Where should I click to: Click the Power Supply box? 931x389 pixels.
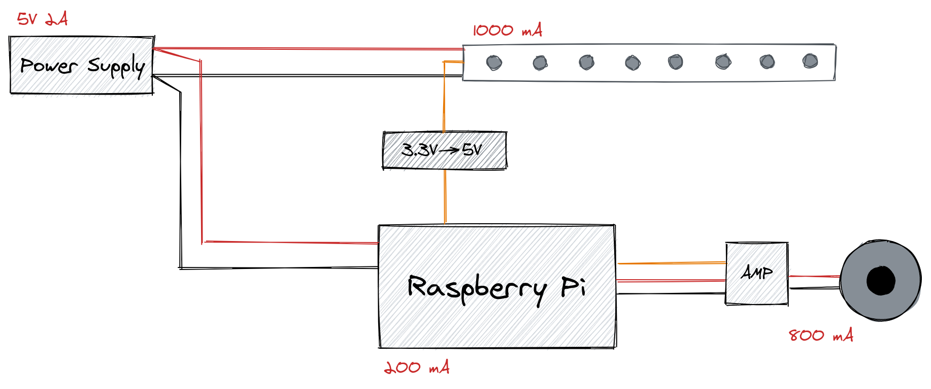[82, 65]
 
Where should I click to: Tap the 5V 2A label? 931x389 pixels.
[43, 19]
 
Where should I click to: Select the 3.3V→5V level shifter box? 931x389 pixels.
[445, 150]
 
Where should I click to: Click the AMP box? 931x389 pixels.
[757, 274]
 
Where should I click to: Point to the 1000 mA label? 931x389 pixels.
[508, 30]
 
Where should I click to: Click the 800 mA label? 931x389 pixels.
[821, 335]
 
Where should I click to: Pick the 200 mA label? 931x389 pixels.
[417, 367]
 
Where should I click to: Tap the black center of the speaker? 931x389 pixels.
[881, 280]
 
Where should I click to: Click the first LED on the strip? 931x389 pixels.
[494, 63]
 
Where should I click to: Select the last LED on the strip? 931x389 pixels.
[810, 62]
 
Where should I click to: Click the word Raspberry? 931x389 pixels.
[477, 288]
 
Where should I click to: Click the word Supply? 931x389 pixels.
[116, 67]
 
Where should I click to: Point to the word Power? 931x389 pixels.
[49, 65]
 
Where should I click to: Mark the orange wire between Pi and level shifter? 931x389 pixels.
[445, 197]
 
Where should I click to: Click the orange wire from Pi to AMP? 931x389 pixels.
[672, 263]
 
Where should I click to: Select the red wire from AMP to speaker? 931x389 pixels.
[815, 276]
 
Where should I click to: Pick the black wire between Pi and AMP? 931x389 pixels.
[671, 293]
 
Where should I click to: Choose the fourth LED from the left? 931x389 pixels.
[633, 63]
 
